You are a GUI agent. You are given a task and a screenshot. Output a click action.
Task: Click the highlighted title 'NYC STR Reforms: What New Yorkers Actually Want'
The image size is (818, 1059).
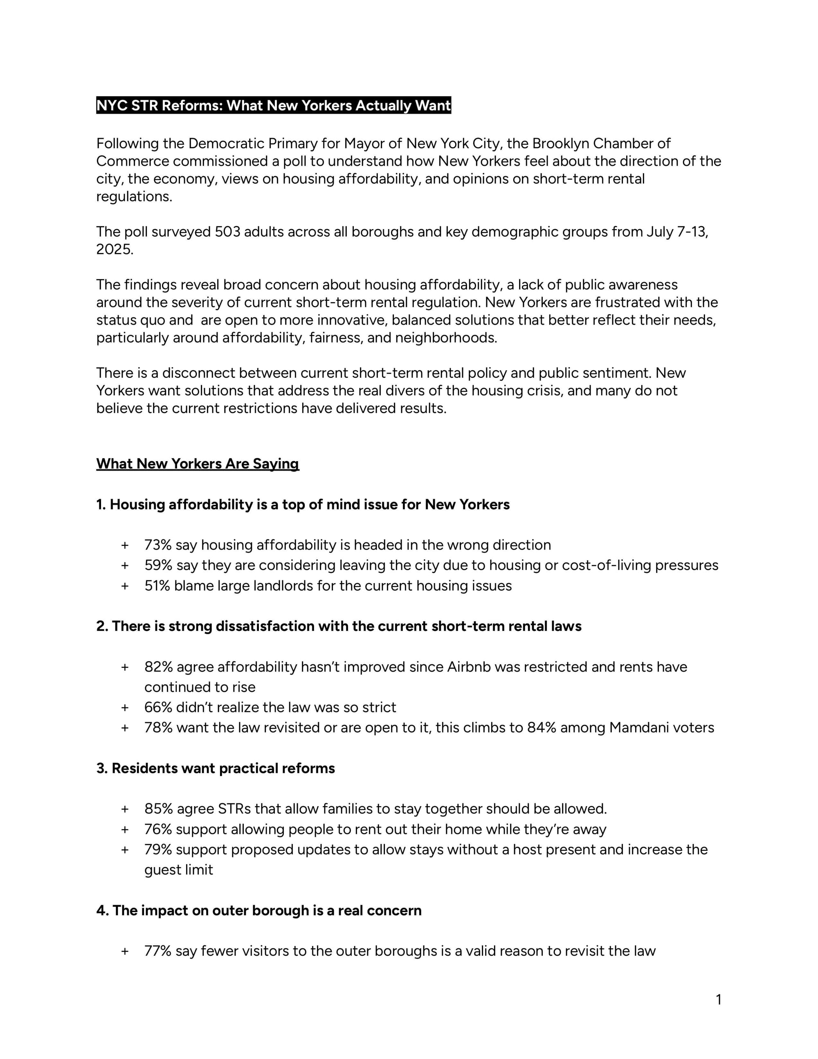coord(273,105)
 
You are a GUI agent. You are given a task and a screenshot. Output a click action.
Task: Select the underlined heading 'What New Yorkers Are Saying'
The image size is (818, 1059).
coord(197,464)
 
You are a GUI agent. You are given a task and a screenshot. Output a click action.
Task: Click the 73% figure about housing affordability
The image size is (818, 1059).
coord(158,545)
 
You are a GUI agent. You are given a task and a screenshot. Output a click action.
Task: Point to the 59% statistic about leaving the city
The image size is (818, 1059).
coord(158,566)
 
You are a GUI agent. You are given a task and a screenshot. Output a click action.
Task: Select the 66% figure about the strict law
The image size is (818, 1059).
coord(158,708)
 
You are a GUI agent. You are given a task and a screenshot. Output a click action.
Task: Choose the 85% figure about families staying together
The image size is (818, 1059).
coord(158,809)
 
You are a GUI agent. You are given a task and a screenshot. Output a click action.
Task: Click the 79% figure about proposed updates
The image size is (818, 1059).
coord(158,849)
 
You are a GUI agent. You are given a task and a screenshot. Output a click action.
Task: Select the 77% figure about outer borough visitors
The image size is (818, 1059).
coord(158,951)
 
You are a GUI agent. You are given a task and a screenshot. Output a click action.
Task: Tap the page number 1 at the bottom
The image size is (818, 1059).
coord(718,1000)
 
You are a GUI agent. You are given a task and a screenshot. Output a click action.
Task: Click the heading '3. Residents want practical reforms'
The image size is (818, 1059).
coord(215,768)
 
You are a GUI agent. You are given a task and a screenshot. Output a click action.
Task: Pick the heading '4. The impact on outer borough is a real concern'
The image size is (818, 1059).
coord(259,910)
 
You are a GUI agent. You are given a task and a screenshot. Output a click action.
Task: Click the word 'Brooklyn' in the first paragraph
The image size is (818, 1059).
coord(560,144)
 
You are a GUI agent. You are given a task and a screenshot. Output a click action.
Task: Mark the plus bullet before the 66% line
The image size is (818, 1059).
coord(125,708)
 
